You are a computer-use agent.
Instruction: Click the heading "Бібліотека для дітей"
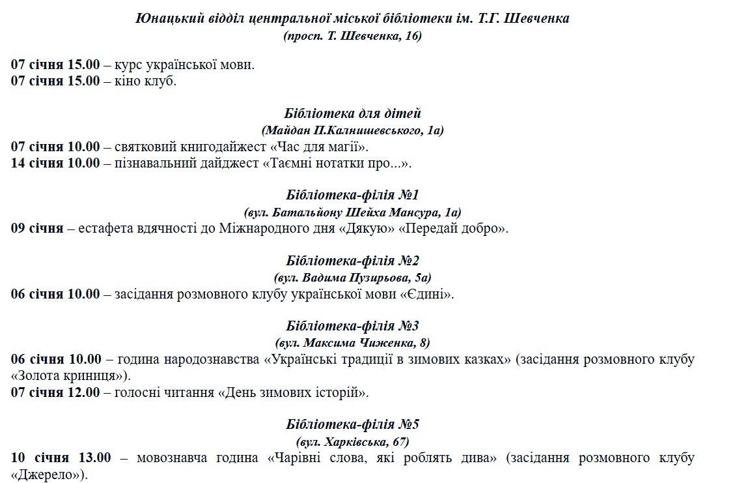tap(352, 113)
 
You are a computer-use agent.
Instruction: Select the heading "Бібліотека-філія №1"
tap(352, 195)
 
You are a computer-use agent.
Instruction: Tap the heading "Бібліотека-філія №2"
tap(352, 261)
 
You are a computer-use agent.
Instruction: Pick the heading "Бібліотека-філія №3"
tap(352, 326)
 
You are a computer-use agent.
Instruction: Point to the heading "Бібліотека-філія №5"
tap(352, 424)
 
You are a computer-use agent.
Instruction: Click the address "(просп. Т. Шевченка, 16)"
tap(352, 36)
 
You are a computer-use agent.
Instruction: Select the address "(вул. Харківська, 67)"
tap(352, 441)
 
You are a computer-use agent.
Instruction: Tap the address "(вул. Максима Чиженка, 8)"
tap(352, 343)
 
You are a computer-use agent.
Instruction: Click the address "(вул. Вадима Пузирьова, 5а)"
tap(352, 278)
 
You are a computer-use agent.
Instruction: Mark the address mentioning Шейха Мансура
tap(352, 212)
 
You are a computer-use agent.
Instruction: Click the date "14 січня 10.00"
tap(56, 163)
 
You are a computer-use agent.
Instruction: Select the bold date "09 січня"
tap(37, 228)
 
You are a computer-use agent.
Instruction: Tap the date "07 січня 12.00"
tap(56, 392)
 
